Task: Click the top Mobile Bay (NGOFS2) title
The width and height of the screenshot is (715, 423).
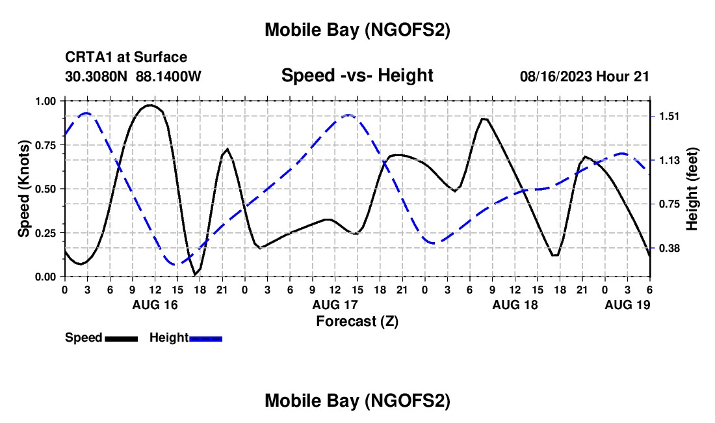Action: [357, 30]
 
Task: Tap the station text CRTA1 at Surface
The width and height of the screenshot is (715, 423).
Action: [126, 58]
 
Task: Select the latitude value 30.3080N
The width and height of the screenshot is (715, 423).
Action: [97, 76]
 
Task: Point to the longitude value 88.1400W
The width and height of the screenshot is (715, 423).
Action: [169, 76]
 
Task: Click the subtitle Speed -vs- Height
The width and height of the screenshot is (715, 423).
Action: [357, 75]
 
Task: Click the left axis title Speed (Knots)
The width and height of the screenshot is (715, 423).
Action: [24, 189]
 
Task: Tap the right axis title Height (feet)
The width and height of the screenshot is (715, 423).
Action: [692, 189]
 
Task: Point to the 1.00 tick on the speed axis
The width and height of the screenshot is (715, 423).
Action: [46, 101]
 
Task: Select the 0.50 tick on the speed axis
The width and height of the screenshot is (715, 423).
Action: [46, 189]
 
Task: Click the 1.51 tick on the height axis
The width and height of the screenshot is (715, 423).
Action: [669, 116]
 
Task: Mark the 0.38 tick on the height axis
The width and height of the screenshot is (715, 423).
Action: [669, 249]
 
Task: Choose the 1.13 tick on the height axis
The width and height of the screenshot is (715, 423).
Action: [669, 161]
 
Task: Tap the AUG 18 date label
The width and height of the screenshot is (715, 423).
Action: [515, 305]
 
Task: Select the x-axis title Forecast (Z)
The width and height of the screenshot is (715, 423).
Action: [357, 321]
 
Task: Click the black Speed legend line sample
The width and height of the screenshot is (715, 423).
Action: [121, 338]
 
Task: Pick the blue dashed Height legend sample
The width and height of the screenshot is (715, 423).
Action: [206, 338]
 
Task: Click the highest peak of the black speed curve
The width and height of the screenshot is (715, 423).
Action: [150, 105]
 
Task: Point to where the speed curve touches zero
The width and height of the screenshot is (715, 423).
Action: [195, 275]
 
